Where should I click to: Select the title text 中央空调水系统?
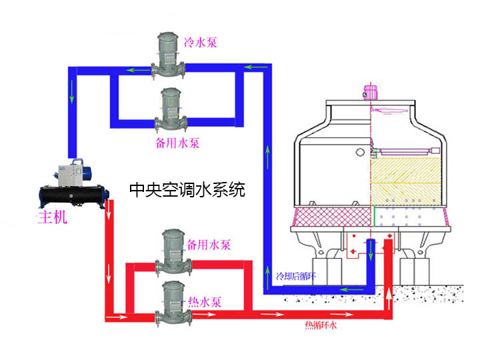187,191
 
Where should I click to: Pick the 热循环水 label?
322,325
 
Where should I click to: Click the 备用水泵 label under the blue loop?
178,143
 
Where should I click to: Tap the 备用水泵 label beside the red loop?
209,245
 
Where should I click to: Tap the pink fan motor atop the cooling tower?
371,93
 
